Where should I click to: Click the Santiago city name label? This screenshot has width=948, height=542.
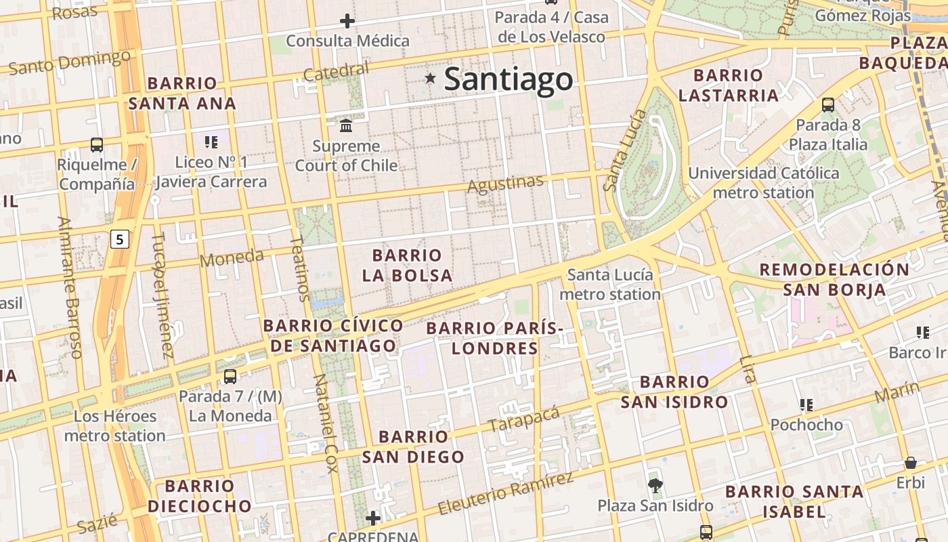point(508,79)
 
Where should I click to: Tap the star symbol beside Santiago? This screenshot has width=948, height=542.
point(430,79)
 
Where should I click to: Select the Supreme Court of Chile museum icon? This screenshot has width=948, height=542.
point(347,126)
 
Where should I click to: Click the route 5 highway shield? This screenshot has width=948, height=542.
point(120,238)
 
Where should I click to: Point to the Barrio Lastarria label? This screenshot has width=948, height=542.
point(728,85)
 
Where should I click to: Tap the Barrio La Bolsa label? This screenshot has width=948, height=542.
point(407,265)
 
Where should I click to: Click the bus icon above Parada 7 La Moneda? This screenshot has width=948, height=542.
point(230,377)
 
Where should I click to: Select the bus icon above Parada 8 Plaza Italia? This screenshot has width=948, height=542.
point(827,105)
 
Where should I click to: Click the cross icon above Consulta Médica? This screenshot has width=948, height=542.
point(347,21)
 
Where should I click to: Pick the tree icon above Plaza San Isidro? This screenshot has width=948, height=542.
point(655,485)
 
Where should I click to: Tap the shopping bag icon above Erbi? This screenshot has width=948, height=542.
point(911,463)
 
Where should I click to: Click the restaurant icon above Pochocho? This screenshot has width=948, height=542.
point(806,405)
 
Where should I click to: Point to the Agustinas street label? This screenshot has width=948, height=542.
point(506,183)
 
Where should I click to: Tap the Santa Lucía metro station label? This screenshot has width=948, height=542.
point(610,285)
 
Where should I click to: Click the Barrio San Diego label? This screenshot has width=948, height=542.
point(413,446)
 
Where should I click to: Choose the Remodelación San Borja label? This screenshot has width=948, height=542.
point(834,279)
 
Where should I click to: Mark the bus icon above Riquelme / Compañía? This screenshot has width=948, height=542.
point(97,144)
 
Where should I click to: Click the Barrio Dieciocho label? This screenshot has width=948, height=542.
point(200,496)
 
